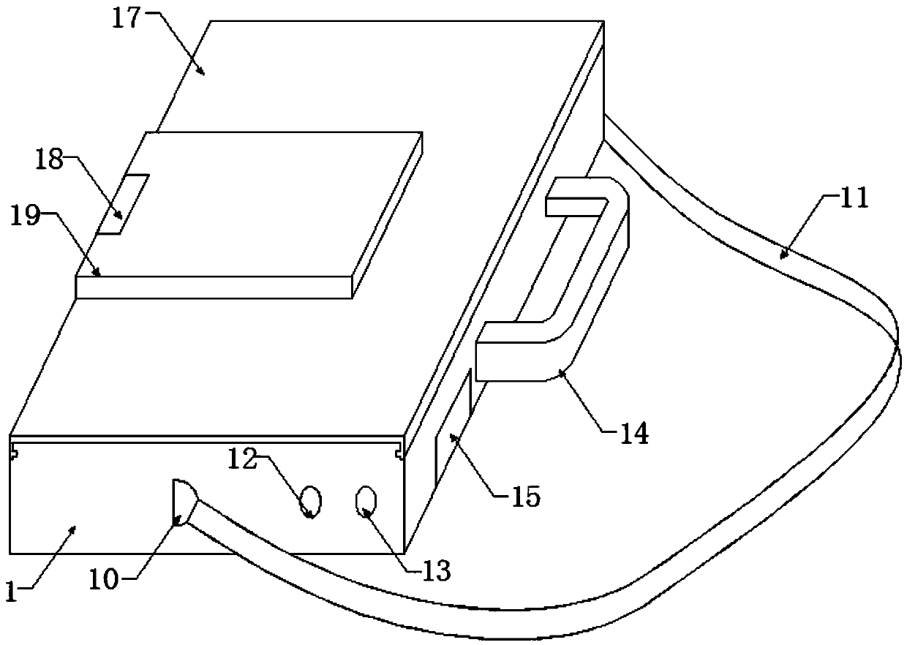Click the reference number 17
[125, 18]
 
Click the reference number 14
[633, 433]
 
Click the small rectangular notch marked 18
[124, 204]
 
